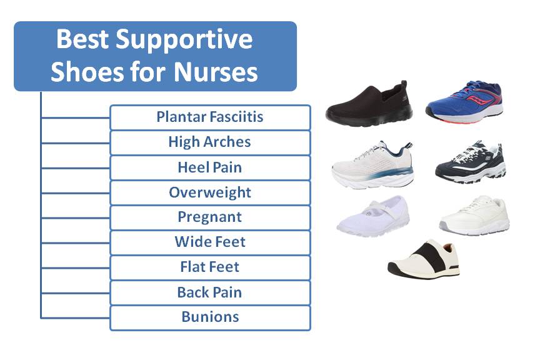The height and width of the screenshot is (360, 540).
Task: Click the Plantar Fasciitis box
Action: [x=210, y=117]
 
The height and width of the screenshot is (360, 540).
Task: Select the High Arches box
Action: [x=210, y=142]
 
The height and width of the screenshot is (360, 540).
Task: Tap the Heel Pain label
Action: [x=210, y=167]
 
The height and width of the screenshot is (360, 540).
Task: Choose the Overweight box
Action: [x=210, y=192]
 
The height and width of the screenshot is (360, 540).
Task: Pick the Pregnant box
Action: [x=210, y=217]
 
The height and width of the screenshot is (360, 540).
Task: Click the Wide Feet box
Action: [x=210, y=242]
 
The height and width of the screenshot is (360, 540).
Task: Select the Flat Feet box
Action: [x=210, y=267]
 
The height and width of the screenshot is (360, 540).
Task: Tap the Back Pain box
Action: [x=210, y=292]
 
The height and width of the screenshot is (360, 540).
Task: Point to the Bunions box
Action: [x=210, y=317]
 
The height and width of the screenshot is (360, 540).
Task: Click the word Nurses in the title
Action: [x=216, y=72]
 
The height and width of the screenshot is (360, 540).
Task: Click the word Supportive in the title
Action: [x=184, y=40]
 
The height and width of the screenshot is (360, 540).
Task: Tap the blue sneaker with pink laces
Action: [x=464, y=102]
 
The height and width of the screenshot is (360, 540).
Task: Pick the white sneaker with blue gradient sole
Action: [x=372, y=164]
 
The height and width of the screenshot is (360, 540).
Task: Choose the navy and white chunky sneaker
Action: [x=471, y=162]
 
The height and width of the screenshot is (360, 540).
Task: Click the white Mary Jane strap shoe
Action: [x=373, y=216]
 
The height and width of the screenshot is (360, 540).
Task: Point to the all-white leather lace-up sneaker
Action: [x=474, y=215]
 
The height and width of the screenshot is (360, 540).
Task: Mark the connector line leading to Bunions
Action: [x=76, y=318]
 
